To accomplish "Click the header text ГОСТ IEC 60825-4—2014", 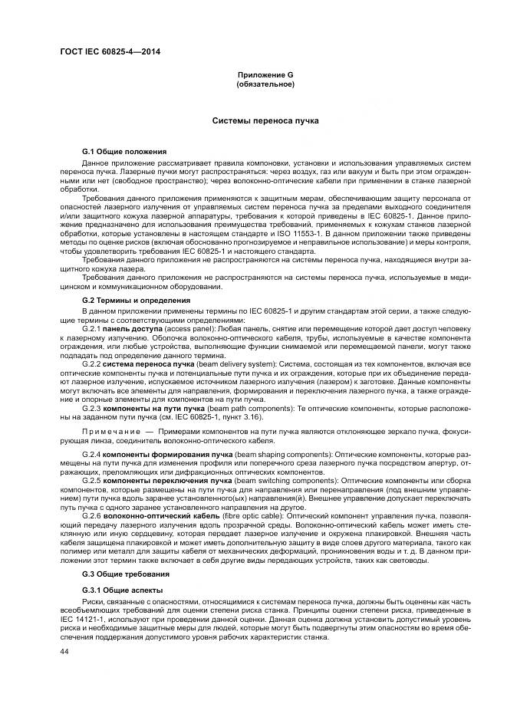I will tap(114, 52).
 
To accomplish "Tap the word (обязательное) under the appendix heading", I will tap(265, 84).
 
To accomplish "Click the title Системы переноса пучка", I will tap(265, 121).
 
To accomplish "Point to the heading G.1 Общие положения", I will tap(124, 152).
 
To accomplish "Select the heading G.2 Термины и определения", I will tap(137, 300).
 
